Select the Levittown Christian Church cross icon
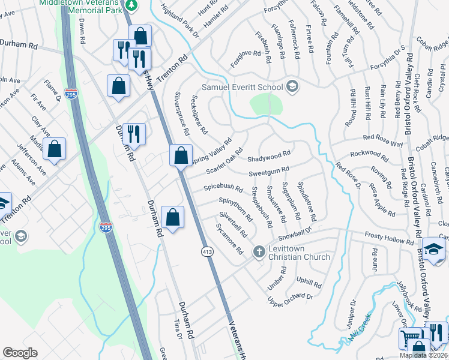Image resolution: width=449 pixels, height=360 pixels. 259,251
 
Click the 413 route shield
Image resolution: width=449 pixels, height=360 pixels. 205,250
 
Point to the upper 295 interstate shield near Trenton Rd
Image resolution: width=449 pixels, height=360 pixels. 70,93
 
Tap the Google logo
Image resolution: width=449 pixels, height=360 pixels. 20,353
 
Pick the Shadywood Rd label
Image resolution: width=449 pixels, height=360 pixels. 269,157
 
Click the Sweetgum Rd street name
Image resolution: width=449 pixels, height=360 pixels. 270,172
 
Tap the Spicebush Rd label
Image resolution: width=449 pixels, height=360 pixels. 223,188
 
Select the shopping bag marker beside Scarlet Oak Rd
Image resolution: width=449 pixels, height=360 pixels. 181,156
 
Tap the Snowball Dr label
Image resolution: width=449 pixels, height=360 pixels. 295,232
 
